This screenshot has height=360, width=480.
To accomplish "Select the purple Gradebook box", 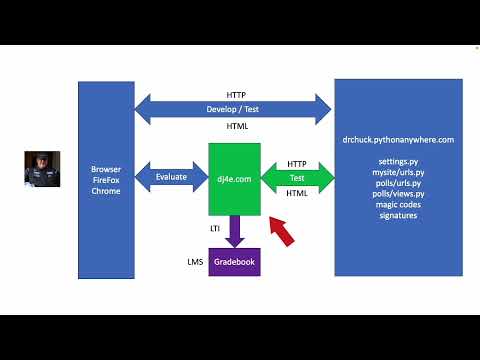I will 234,262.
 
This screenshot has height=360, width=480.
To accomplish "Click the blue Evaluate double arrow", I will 171,177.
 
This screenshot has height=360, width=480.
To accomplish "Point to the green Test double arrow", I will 297,178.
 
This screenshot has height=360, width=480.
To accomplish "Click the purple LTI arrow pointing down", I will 234,231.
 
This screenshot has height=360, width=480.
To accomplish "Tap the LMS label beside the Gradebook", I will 195,262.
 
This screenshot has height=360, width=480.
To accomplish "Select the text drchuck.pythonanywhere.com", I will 398,140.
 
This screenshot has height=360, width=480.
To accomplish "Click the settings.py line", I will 398,161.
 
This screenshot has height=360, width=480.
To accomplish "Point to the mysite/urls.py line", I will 398,172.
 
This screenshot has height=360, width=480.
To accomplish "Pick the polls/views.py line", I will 398,194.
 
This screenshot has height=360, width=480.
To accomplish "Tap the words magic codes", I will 398,205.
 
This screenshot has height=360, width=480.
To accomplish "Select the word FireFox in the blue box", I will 105,180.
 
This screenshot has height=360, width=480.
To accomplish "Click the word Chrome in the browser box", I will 105,191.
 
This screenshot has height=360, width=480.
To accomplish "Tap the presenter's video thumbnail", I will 42,172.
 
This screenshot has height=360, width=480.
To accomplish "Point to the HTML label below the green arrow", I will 297,193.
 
